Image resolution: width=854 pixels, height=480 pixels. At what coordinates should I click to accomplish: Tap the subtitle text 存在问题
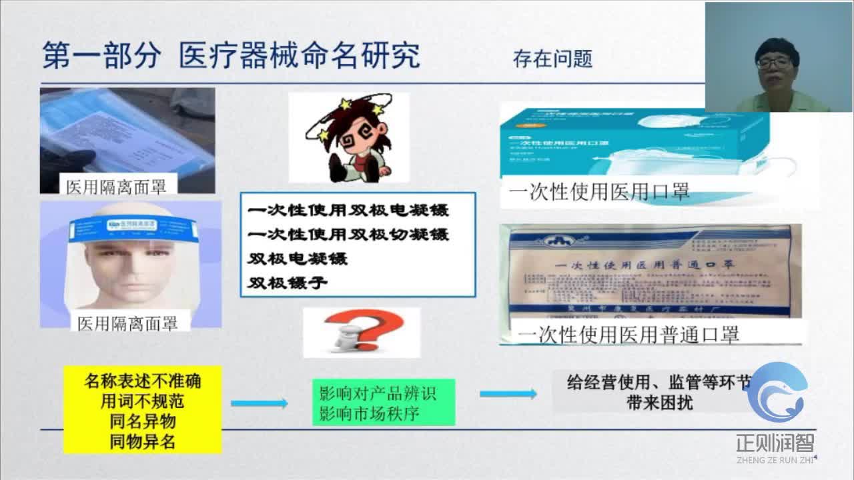(x=552, y=59)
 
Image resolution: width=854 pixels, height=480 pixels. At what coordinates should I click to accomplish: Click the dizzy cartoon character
(x=348, y=139)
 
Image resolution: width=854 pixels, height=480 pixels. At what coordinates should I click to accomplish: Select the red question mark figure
(x=362, y=332)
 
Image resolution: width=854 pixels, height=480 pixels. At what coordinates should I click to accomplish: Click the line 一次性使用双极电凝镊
(x=348, y=211)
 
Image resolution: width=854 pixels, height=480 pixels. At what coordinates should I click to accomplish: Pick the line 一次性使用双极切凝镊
(x=348, y=235)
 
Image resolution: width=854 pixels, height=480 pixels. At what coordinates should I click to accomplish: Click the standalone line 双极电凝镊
(x=298, y=258)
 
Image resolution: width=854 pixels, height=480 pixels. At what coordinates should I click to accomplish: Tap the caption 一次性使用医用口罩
(x=598, y=193)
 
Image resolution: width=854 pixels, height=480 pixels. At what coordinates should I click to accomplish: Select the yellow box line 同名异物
(x=142, y=422)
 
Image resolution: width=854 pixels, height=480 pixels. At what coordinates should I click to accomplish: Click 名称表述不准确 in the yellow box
(x=142, y=381)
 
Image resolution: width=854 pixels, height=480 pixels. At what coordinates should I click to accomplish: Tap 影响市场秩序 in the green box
(x=369, y=413)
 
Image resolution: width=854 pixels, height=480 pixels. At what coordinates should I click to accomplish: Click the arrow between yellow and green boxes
(x=260, y=403)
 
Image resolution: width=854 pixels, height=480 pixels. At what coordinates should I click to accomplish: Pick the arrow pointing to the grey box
(x=508, y=394)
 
